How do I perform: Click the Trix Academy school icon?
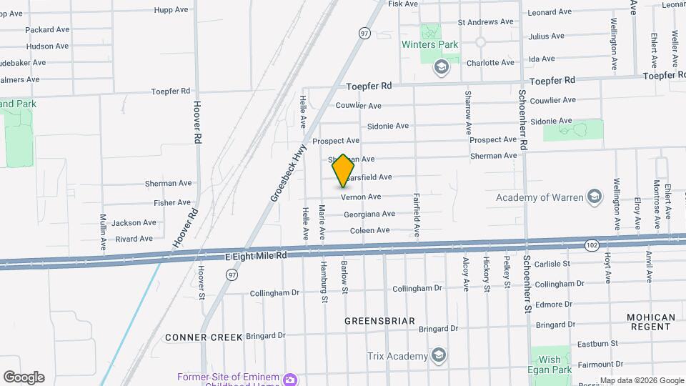pos(439,356)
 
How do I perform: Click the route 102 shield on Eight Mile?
pos(591,244)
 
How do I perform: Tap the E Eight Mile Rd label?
pos(245,255)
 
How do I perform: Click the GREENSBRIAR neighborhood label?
pos(379,321)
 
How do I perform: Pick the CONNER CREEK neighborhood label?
pos(204,337)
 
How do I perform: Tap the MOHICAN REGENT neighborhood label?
pos(650,322)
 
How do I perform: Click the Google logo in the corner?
pos(24,377)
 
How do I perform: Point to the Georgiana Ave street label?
pos(369,214)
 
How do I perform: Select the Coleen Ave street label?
pos(369,230)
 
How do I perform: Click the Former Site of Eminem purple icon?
pos(291,378)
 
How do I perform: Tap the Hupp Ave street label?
pos(171,11)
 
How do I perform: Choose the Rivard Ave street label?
pos(134,239)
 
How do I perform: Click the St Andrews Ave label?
pos(485,21)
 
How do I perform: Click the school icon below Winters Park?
pos(441,67)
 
